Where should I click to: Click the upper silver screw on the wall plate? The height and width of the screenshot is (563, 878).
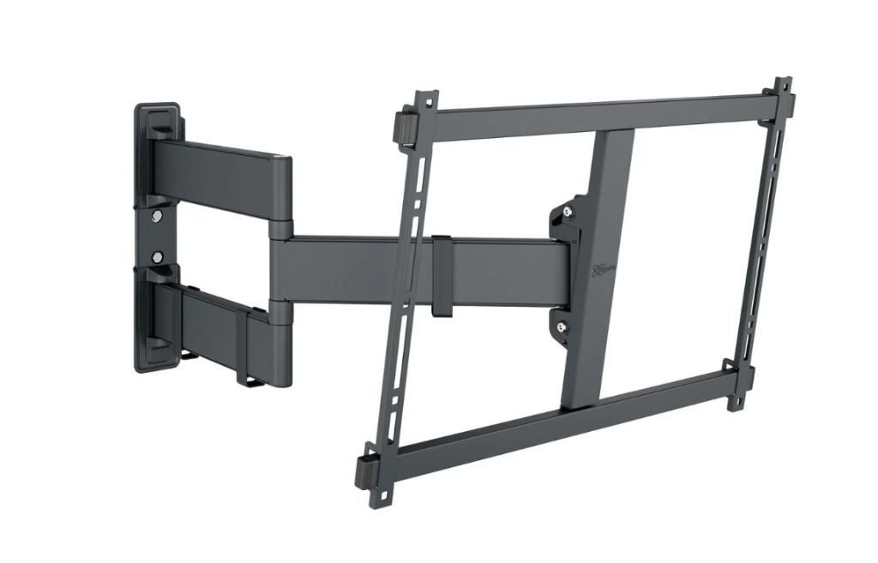point(155,217)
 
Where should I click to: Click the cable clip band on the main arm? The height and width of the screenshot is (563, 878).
point(442,273)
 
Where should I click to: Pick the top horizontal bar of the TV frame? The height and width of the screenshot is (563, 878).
point(600,111)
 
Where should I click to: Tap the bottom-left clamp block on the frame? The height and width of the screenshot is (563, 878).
point(367,470)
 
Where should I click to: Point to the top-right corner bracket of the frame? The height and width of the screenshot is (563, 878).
point(781,99)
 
